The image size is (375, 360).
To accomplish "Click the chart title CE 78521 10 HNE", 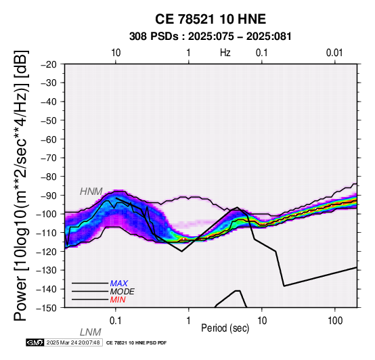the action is [211, 19].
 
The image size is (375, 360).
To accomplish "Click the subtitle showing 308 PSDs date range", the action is [211, 37].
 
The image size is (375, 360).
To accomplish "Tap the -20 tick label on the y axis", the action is [49, 64].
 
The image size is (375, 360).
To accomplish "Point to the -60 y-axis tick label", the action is [49, 139].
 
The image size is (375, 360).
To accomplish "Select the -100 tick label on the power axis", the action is [46, 214].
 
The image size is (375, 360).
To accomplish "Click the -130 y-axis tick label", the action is [46, 270].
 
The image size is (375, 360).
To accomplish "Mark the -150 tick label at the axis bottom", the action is [46, 308].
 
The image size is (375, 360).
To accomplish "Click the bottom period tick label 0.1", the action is [115, 321].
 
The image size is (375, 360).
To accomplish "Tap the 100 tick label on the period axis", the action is [335, 321].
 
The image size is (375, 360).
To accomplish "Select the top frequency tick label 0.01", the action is [334, 53].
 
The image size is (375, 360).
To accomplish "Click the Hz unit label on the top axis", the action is [225, 53].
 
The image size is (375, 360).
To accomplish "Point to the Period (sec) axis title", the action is [225, 328].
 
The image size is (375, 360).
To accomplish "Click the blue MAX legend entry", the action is [119, 284].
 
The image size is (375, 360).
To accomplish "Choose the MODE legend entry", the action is [123, 292].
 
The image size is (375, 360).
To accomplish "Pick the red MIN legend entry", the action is [118, 300].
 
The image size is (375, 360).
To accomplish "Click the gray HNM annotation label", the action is [91, 192].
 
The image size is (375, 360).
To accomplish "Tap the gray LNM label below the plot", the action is [91, 332].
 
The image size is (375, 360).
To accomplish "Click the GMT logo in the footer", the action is [35, 342].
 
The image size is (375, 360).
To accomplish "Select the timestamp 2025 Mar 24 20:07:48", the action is [73, 342].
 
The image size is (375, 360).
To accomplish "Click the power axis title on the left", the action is [21, 185].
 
